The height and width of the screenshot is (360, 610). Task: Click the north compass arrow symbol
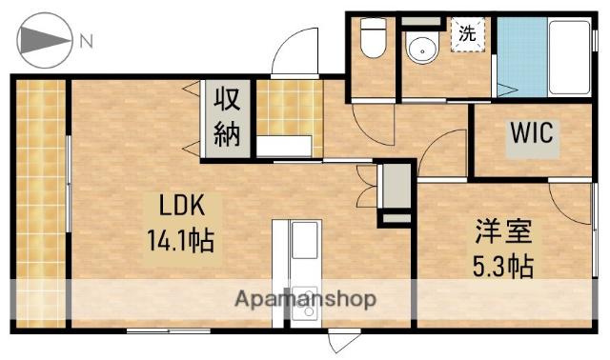[44, 41]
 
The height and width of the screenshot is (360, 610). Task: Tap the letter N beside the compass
[87, 41]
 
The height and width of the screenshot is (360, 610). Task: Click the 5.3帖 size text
[502, 264]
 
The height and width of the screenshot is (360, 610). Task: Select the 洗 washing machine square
[467, 33]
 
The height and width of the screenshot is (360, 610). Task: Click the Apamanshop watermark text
[305, 299]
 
